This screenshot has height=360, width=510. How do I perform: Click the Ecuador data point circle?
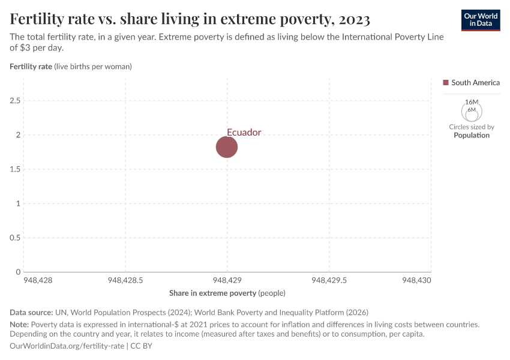pyautogui.click(x=227, y=147)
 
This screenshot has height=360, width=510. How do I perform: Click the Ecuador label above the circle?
pyautogui.click(x=244, y=133)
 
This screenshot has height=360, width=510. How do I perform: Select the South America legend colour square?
pyautogui.click(x=446, y=83)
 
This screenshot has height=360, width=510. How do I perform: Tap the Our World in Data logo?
pyautogui.click(x=480, y=20)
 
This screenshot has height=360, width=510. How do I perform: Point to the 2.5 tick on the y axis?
pyautogui.click(x=15, y=101)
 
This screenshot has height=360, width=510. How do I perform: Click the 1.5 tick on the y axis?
pyautogui.click(x=15, y=169)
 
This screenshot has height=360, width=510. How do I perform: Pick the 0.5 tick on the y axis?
pyautogui.click(x=15, y=238)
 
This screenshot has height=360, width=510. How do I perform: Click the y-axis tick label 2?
pyautogui.click(x=18, y=135)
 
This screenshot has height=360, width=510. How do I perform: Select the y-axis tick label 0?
pyautogui.click(x=18, y=272)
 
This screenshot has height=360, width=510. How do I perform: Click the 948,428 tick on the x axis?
pyautogui.click(x=37, y=280)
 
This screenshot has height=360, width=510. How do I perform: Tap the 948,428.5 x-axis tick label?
pyautogui.click(x=125, y=280)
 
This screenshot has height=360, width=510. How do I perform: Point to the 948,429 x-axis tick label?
pyautogui.click(x=227, y=280)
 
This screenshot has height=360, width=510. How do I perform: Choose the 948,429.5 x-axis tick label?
pyautogui.click(x=329, y=280)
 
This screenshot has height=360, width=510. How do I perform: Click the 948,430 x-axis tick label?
pyautogui.click(x=416, y=280)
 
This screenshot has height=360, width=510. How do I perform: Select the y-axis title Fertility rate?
pyautogui.click(x=31, y=67)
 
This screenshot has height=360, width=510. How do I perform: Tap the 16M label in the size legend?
pyautogui.click(x=472, y=103)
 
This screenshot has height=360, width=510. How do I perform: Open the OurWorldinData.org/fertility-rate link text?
pyautogui.click(x=67, y=346)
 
